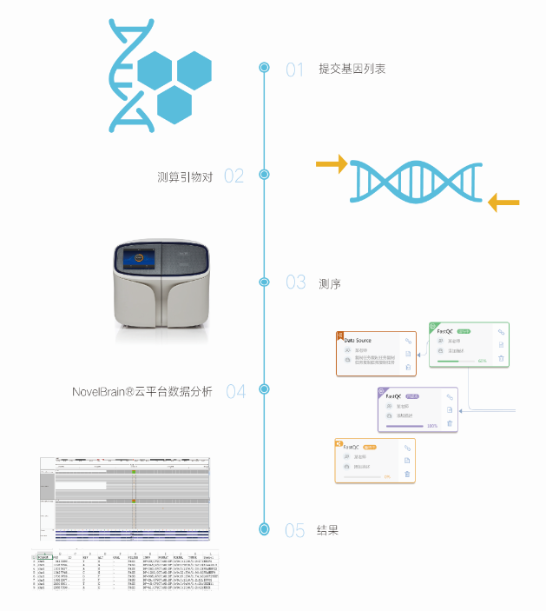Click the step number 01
(x=295, y=70)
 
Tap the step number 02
(x=234, y=176)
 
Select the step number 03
(x=295, y=282)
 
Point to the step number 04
(x=235, y=391)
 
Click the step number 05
(x=295, y=530)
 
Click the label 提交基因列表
(x=352, y=69)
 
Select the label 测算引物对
(x=185, y=176)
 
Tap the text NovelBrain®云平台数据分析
(x=141, y=391)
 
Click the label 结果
(x=327, y=530)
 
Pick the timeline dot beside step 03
(x=265, y=282)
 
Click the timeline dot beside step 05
(x=265, y=528)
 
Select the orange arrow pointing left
(x=503, y=203)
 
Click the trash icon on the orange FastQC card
(x=407, y=475)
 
